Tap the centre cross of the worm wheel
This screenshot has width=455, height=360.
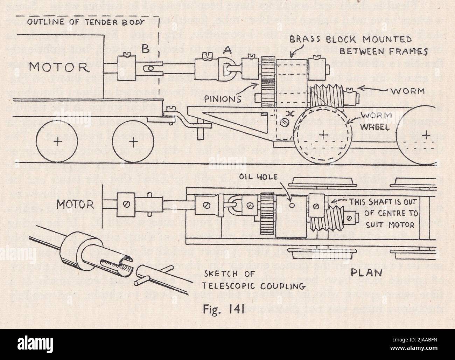tap(324, 133)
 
